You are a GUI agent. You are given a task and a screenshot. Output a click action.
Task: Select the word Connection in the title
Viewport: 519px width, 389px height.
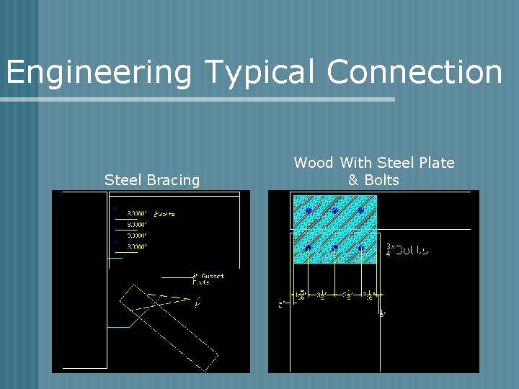(x=414, y=72)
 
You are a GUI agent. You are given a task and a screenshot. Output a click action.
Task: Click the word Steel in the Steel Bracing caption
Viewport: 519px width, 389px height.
(x=122, y=180)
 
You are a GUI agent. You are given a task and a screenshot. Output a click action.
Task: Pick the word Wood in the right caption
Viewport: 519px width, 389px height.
(x=314, y=163)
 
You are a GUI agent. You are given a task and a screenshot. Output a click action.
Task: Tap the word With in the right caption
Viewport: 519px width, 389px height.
(x=355, y=163)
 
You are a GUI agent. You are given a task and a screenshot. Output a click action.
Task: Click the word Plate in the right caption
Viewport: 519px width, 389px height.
(x=435, y=163)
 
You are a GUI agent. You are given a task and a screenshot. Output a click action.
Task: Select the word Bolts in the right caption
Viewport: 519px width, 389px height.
(x=381, y=180)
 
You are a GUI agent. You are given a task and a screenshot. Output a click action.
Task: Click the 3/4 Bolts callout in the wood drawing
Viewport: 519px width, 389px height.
(x=408, y=250)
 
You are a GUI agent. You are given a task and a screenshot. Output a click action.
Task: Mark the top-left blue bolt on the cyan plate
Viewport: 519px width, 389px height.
(x=309, y=211)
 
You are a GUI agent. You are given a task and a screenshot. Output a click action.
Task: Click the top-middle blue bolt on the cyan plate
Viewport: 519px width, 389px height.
(x=335, y=211)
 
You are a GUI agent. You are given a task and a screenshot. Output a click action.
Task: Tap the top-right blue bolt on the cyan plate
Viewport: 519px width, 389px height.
(x=361, y=211)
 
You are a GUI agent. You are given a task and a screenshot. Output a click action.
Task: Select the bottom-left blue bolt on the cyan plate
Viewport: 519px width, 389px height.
(x=309, y=249)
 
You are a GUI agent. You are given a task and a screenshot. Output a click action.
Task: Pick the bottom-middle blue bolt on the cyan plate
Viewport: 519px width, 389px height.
(x=335, y=249)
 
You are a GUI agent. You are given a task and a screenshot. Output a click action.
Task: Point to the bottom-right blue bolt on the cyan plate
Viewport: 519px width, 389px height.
(x=361, y=249)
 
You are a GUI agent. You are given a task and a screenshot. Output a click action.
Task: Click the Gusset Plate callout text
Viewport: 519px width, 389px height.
(x=208, y=279)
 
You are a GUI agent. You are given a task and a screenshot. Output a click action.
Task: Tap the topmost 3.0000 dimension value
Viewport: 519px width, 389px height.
(x=137, y=213)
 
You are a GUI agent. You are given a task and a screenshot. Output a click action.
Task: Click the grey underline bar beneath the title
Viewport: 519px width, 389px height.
(x=198, y=99)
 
